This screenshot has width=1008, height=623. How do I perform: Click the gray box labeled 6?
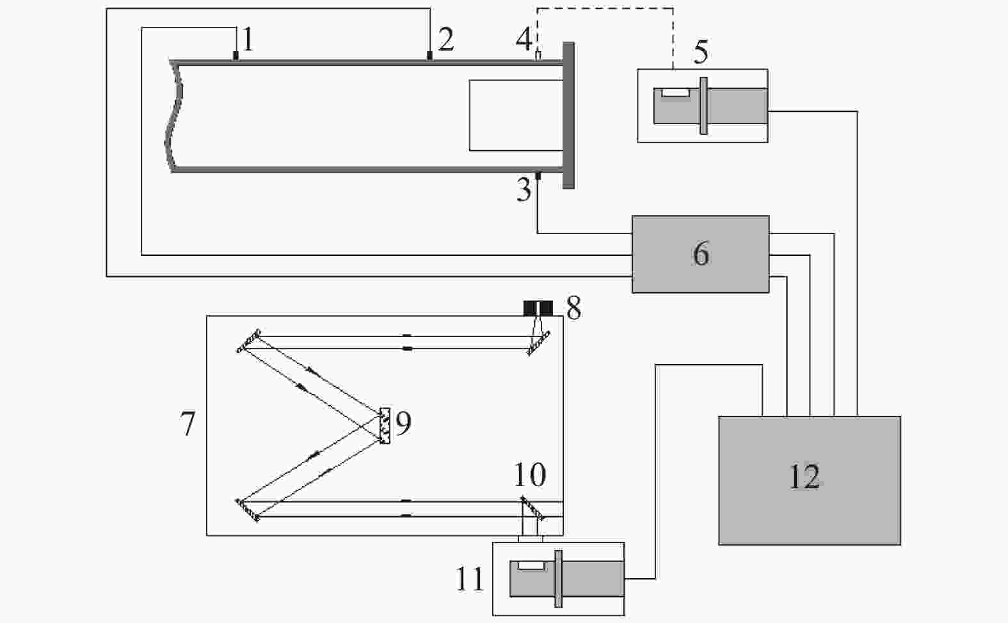pos(700,254)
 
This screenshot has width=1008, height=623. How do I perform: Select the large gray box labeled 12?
pos(810,480)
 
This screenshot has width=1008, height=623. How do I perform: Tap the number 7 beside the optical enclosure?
pos(188,423)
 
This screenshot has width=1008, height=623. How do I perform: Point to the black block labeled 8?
pos(538,308)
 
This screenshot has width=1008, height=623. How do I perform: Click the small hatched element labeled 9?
pos(385,425)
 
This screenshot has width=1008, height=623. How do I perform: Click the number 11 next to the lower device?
pos(470,578)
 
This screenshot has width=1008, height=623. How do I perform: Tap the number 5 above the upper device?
pos(701,51)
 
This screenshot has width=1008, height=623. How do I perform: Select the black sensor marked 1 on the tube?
pos(236,56)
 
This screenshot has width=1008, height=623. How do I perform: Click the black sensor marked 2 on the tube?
pos(429,56)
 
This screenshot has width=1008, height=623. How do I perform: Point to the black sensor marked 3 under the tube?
pos(538,175)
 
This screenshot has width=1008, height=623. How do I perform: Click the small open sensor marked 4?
pos(538,56)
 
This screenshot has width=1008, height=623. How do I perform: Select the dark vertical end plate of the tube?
pos(569,115)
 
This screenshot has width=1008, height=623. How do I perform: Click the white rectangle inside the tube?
pos(516,115)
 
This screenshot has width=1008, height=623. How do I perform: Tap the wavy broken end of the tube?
pos(173,116)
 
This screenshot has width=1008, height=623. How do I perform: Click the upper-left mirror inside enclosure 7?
pos(249,341)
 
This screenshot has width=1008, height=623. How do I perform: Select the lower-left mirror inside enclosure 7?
pos(248,510)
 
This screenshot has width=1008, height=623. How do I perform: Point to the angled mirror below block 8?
pos(539,343)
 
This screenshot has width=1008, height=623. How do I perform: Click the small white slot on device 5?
pos(675,92)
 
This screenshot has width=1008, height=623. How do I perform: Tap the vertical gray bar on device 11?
pos(559,578)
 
